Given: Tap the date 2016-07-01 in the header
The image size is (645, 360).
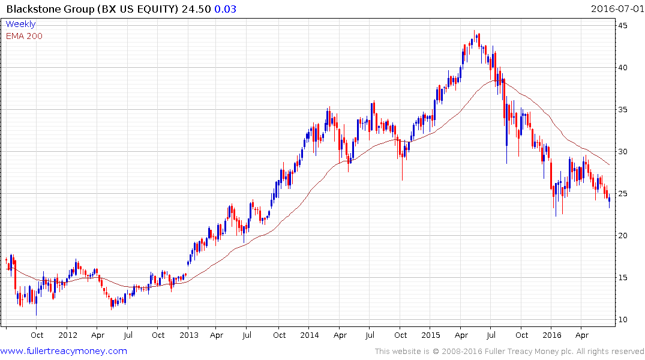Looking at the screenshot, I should [616, 8].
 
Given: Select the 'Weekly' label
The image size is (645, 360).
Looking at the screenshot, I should [20, 25].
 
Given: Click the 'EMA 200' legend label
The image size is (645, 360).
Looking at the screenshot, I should [24, 35].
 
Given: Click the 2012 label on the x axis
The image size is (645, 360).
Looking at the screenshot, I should [68, 335].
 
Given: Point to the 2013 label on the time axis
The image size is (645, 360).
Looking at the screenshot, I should [189, 335].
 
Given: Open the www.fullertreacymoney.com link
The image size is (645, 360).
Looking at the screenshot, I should [64, 351].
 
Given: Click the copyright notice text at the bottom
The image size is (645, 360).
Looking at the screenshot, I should [509, 352].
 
